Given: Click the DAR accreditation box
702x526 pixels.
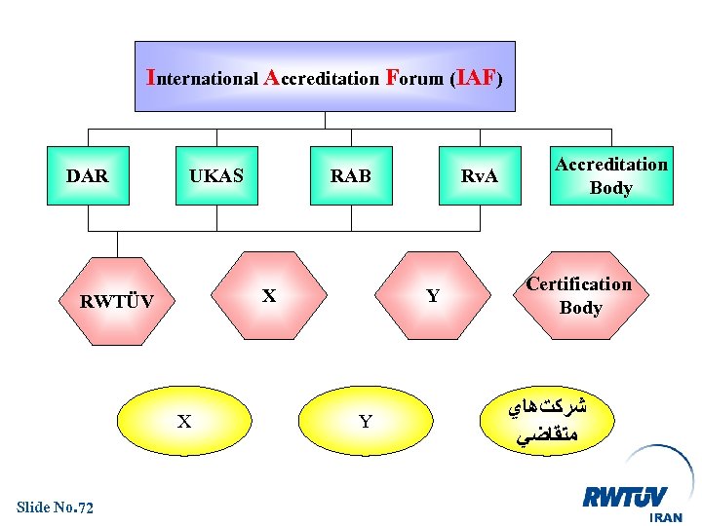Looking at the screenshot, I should [88, 176].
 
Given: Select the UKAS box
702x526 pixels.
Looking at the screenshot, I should [216, 176].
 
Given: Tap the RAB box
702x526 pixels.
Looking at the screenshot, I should [350, 176].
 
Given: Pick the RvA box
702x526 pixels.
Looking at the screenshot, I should [479, 176].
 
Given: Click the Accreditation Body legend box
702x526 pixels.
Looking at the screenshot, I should [611, 176].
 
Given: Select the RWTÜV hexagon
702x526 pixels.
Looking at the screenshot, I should [116, 301].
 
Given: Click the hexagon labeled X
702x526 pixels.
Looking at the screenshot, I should [270, 295].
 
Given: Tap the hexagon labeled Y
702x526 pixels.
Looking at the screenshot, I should [433, 295].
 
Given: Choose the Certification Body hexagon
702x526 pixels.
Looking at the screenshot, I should [579, 295].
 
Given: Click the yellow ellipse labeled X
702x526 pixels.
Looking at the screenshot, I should [184, 422].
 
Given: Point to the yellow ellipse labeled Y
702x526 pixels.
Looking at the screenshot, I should [366, 422].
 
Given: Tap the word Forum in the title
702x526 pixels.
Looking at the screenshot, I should [414, 77].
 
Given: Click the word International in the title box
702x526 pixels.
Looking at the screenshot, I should [202, 77].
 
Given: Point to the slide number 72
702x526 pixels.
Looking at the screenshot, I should [84, 507].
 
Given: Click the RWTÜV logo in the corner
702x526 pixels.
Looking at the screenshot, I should [625, 498].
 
